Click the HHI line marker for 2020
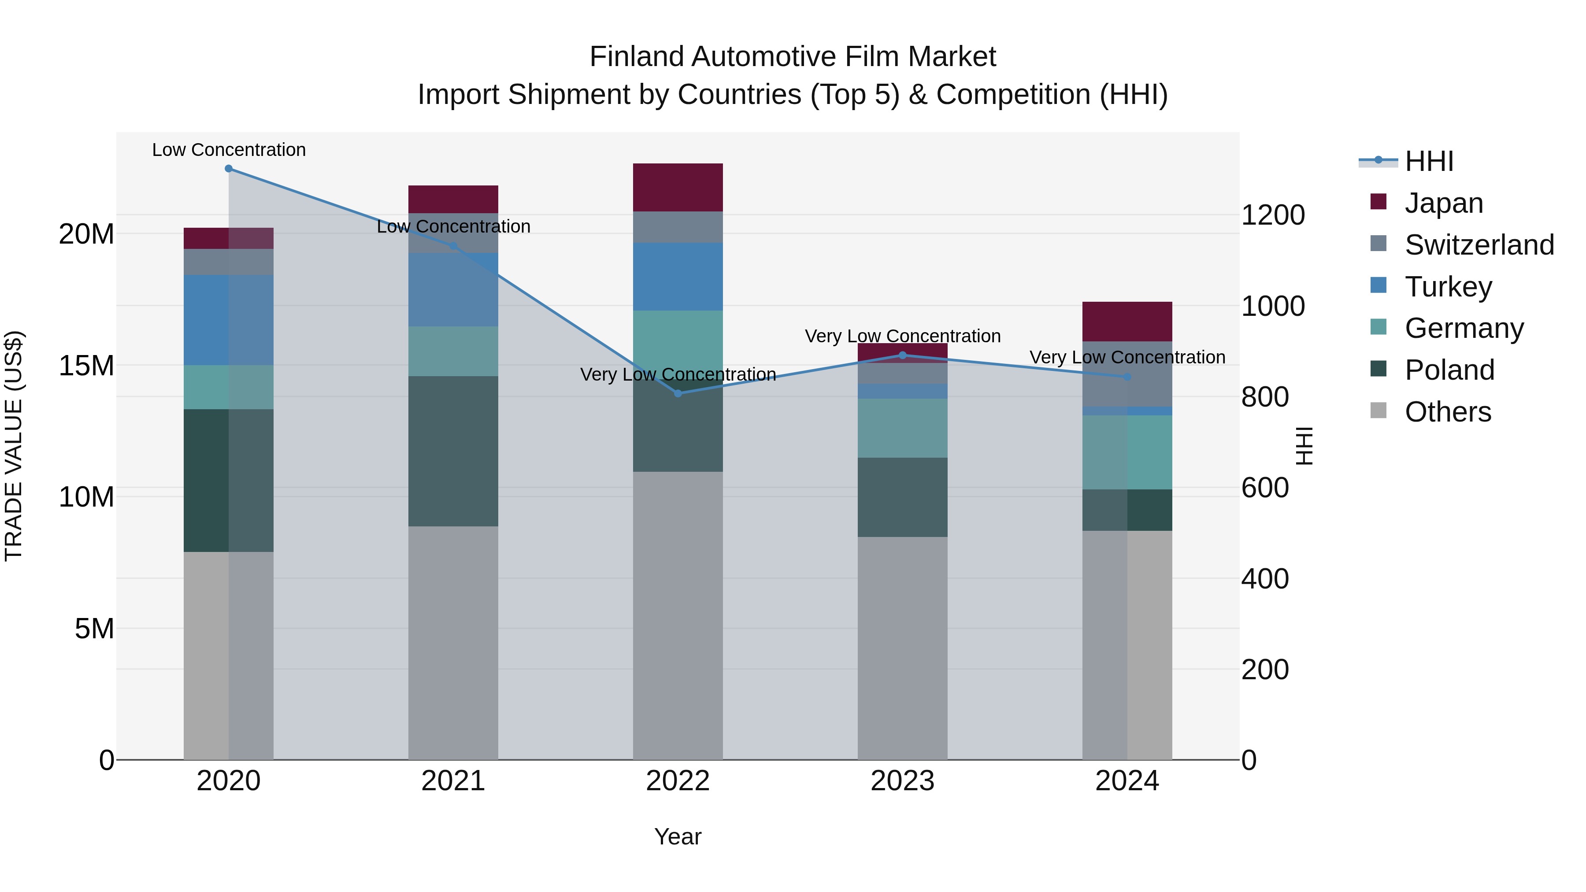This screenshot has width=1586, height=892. [228, 169]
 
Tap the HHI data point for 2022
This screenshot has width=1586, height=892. [678, 393]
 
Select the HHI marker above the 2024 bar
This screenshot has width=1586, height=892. [1127, 377]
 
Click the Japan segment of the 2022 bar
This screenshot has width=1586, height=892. [678, 188]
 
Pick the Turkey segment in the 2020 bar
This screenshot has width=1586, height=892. [228, 320]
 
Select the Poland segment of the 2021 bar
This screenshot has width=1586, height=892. [453, 451]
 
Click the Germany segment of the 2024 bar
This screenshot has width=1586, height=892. [1127, 452]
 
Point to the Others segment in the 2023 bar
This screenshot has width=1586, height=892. [903, 648]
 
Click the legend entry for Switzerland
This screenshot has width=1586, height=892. [1479, 245]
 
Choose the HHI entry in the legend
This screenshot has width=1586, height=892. [1428, 161]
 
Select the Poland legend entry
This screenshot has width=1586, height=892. [1449, 370]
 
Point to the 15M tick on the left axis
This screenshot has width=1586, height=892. [86, 366]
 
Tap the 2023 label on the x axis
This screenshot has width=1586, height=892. [903, 781]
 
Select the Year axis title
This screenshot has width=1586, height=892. [678, 836]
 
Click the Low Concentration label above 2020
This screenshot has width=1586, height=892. [228, 150]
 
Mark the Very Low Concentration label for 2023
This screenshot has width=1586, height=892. [903, 336]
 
